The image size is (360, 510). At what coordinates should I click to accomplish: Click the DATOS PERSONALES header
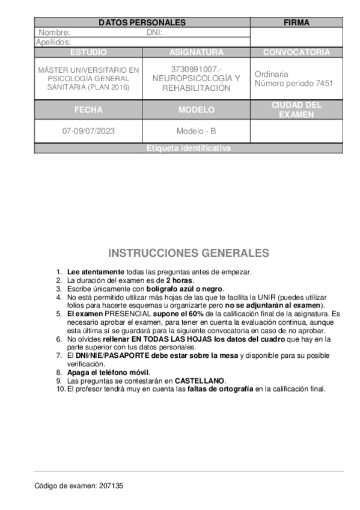(x=142, y=23)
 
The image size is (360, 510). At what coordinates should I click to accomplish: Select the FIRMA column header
(x=296, y=23)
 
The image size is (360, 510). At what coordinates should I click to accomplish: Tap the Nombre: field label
(x=55, y=32)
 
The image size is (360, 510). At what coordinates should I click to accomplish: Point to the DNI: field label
(x=155, y=32)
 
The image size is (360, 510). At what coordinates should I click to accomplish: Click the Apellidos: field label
(x=53, y=42)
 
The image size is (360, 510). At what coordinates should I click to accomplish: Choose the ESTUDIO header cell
(x=88, y=52)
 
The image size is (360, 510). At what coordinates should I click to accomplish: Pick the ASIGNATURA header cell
(x=196, y=52)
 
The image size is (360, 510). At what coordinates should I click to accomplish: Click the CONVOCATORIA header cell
(x=296, y=52)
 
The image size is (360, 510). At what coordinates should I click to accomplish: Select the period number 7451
(x=324, y=84)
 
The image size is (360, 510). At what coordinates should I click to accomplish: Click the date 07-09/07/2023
(x=88, y=131)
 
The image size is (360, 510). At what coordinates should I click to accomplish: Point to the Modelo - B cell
(x=196, y=131)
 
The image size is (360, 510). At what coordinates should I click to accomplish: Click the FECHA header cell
(x=88, y=110)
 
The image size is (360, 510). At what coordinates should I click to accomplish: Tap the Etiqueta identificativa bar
(x=188, y=149)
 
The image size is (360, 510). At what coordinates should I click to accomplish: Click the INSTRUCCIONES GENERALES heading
(x=188, y=253)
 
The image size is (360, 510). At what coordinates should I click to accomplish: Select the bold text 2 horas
(x=180, y=280)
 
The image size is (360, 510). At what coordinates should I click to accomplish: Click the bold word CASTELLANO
(x=200, y=381)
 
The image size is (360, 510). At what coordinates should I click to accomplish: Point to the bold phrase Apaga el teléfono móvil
(x=108, y=372)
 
